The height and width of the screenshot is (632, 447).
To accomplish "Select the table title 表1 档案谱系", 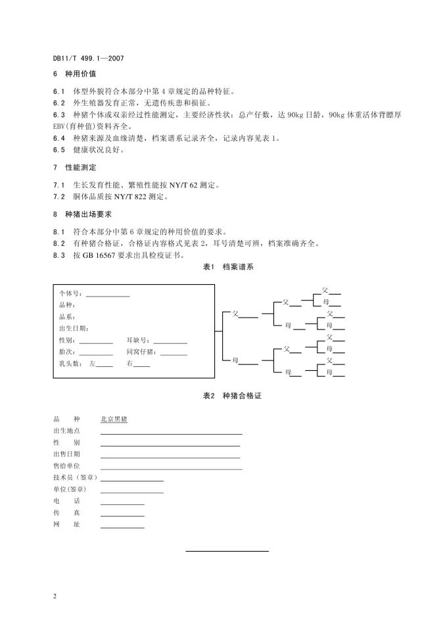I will click(223, 267).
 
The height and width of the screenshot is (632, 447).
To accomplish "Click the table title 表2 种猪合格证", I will click(223, 396).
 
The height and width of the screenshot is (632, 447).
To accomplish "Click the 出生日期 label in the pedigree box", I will click(74, 328).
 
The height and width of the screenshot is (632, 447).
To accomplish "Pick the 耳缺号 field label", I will click(139, 340).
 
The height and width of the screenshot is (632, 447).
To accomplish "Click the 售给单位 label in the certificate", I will click(66, 465).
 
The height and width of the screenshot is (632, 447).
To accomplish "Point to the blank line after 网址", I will click(122, 527).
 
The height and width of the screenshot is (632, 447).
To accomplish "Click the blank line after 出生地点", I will click(171, 433).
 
